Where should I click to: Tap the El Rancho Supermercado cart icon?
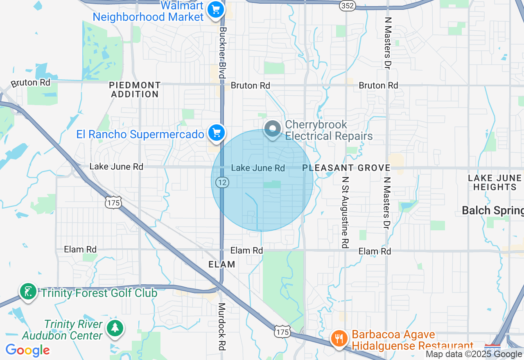[x=217, y=133]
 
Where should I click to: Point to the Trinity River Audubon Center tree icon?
[x=115, y=328]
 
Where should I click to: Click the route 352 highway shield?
[x=348, y=5]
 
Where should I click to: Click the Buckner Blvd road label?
[x=222, y=53]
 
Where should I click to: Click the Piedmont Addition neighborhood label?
[x=135, y=90]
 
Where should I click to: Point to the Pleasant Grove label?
[x=346, y=168]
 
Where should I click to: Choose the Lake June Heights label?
[x=495, y=182]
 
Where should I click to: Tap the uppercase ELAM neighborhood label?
[x=222, y=264]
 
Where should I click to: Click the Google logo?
[x=28, y=350]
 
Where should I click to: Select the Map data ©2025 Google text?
[x=474, y=354]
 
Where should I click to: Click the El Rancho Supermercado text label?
[x=140, y=135]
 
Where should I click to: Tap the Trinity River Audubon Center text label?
[x=63, y=330]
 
